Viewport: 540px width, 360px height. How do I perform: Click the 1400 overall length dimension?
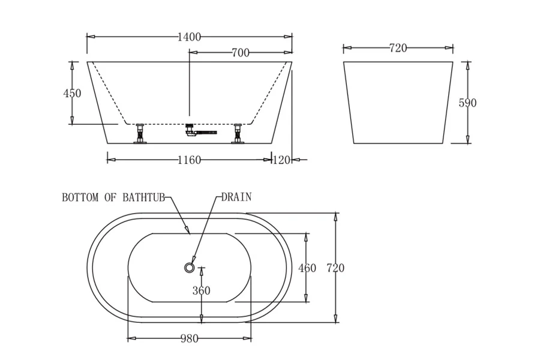tap(189, 37)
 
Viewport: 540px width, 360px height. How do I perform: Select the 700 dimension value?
tap(240, 53)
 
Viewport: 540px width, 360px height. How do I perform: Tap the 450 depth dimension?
tap(72, 93)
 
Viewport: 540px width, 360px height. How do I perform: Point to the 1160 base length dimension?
tap(189, 160)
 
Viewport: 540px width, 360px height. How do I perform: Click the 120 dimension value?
tap(281, 160)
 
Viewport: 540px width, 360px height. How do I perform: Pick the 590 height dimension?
tap(467, 103)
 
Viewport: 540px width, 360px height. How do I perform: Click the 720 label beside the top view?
tap(335, 268)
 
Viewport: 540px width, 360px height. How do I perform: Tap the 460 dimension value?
tap(307, 268)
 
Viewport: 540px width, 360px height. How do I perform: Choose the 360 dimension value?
tap(201, 291)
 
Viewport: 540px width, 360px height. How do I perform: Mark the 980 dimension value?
tap(189, 339)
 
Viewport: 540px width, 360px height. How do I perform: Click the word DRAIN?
tap(236, 197)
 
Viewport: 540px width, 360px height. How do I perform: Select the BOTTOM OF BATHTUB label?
tap(113, 197)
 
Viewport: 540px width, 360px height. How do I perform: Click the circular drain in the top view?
tap(190, 268)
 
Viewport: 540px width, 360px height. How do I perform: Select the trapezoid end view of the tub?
tap(398, 102)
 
